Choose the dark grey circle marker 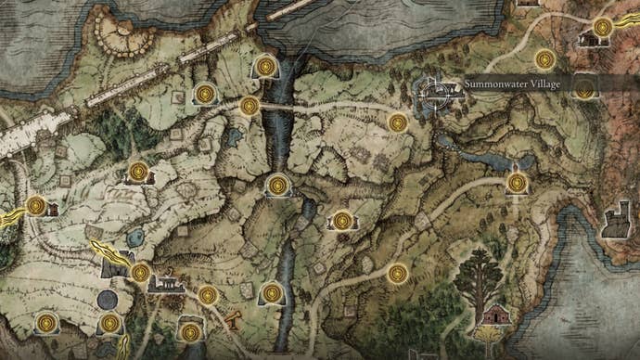click(x=108, y=300)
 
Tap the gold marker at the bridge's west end click(x=249, y=106)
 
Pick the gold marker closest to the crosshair click(x=398, y=122)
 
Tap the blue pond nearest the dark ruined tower click(x=135, y=238)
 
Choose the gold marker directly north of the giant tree click(x=517, y=182)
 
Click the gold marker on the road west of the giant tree click(x=399, y=274)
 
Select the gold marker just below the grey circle click(x=110, y=323)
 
